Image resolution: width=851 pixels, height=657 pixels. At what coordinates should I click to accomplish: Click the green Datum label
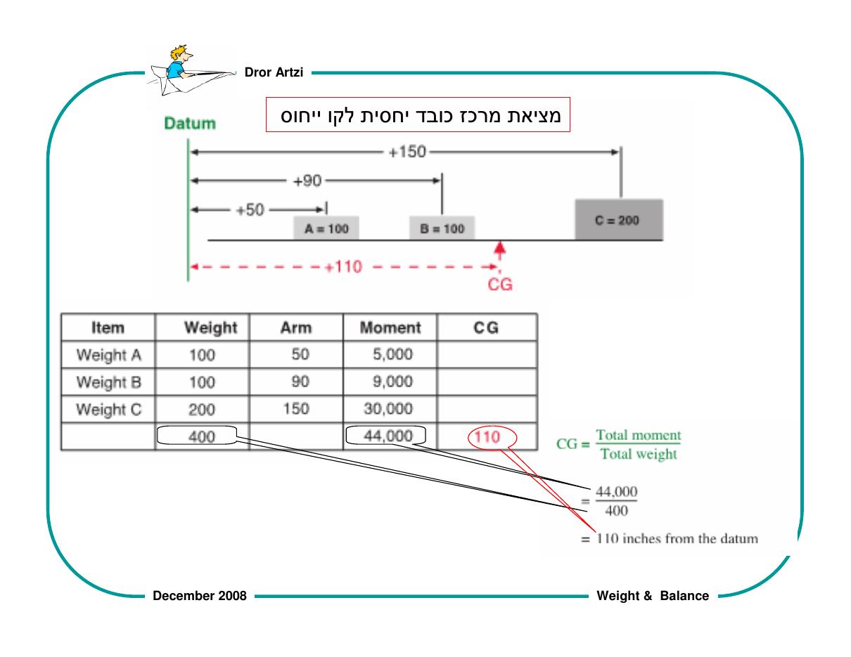[x=190, y=123]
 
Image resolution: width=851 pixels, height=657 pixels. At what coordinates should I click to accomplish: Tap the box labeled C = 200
[x=619, y=219]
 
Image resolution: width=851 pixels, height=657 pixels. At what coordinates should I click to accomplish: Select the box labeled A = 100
[x=326, y=228]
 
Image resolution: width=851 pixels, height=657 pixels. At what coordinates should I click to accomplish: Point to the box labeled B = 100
[x=442, y=228]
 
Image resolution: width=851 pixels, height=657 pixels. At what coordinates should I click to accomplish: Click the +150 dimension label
[x=407, y=152]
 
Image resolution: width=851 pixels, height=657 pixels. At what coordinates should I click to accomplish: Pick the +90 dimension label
[x=307, y=181]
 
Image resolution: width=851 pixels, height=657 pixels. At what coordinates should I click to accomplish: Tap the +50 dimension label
[x=250, y=210]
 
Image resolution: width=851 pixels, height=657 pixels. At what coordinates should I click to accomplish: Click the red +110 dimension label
[x=343, y=267]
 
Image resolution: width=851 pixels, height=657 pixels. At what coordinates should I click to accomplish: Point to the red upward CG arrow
[x=500, y=251]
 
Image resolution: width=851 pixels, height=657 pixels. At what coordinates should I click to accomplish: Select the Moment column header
[x=390, y=327]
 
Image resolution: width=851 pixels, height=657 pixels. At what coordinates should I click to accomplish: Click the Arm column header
[x=296, y=327]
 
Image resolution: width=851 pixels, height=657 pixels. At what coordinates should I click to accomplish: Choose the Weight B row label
[x=109, y=382]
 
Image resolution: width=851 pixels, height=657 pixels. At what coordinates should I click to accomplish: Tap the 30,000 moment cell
[x=388, y=408]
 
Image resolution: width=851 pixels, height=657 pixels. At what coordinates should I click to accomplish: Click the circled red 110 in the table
[x=487, y=436]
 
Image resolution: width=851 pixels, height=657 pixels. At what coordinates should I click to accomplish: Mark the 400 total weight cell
[x=202, y=436]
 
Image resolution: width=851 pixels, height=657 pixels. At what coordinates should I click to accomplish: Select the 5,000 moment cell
[x=393, y=354]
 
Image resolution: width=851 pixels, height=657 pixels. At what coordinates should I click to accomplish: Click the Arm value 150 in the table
[x=296, y=408]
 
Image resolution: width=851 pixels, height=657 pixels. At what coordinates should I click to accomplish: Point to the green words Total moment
[x=639, y=435]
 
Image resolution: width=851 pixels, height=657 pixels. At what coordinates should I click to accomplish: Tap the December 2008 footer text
[x=200, y=596]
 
